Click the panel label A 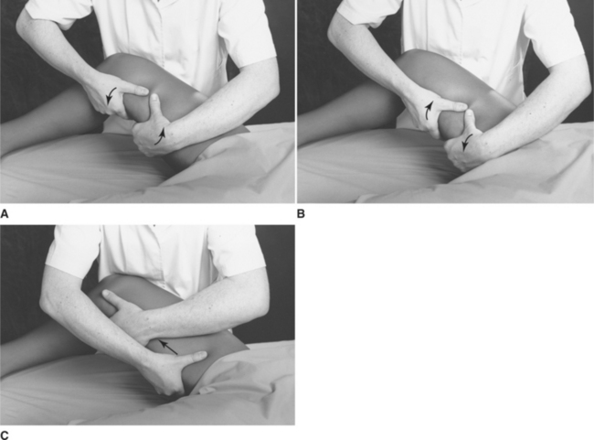click(5, 214)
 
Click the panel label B click(301, 214)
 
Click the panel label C click(5, 435)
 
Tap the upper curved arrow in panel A click(111, 95)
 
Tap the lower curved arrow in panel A click(161, 137)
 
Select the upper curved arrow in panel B click(428, 111)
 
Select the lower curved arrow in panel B click(467, 142)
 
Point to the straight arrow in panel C click(168, 347)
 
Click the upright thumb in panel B click(471, 123)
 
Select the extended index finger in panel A click(133, 90)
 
